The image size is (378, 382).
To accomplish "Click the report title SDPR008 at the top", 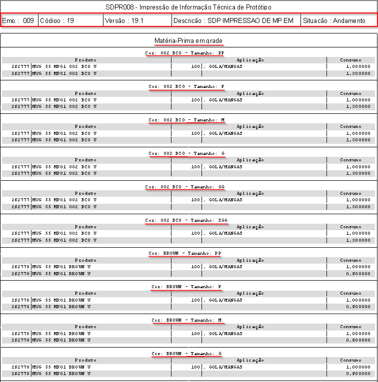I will (188, 7).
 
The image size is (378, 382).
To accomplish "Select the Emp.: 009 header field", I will (18, 21).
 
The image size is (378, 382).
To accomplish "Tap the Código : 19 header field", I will (57, 21).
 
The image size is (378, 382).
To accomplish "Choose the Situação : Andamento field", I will (334, 21).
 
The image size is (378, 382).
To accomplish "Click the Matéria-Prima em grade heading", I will (188, 40).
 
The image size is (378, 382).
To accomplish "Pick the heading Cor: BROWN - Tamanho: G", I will (187, 354).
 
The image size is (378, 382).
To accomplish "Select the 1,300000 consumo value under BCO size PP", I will (358, 73).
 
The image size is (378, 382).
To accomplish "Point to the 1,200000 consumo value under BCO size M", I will (358, 140).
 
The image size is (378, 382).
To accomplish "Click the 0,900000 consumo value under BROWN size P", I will (358, 307).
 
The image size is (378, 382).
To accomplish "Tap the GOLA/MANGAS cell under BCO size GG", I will (225, 200).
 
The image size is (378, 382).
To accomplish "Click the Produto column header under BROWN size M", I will (85, 327).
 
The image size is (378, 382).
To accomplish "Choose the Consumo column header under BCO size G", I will (350, 160).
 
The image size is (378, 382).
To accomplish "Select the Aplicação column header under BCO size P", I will (250, 93).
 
